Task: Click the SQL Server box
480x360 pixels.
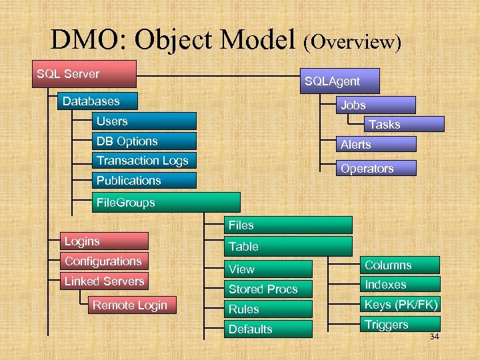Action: point(85,74)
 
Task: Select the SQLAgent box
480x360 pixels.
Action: point(340,81)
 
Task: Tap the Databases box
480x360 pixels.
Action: point(98,101)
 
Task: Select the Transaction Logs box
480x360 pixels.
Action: point(144,161)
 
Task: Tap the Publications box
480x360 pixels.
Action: point(144,181)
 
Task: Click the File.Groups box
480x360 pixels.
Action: point(165,203)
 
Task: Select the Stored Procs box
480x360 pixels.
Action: point(267,289)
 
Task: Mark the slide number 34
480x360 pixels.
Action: point(434,337)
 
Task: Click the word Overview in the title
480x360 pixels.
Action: point(352,43)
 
